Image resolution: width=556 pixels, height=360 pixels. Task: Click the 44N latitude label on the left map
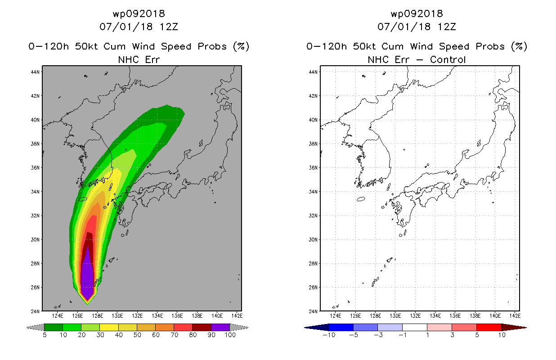(x=35, y=72)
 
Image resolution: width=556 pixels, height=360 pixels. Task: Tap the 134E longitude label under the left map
(x=157, y=316)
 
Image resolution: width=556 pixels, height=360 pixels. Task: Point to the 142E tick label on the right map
(x=515, y=316)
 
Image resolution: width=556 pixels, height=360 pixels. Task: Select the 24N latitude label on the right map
(x=313, y=311)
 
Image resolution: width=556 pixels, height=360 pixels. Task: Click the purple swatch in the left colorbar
(x=220, y=327)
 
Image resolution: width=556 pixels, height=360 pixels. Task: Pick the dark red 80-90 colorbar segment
(x=202, y=327)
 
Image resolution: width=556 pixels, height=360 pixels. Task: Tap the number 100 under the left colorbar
(x=230, y=335)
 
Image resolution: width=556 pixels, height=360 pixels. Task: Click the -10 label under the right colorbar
(x=329, y=335)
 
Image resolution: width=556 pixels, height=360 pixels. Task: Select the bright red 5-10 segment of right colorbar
(x=489, y=327)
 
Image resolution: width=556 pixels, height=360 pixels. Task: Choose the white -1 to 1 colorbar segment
(x=415, y=327)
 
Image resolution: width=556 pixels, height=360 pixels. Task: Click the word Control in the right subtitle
(x=448, y=60)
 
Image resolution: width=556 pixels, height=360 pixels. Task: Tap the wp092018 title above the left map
(x=139, y=14)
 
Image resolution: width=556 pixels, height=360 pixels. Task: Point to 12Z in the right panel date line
(x=447, y=27)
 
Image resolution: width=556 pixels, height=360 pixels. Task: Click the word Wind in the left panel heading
(x=143, y=46)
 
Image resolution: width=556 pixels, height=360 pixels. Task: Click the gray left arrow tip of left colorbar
(x=27, y=328)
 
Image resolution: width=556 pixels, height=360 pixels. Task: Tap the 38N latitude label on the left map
(x=35, y=144)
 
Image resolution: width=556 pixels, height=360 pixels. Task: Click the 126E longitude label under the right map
(x=355, y=316)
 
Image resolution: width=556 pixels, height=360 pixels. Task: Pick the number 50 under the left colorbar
(x=137, y=335)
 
